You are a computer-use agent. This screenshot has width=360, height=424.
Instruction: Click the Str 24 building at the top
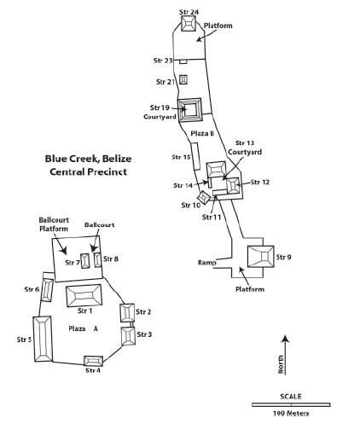tap(189, 23)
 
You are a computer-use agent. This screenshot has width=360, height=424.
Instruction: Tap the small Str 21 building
tap(183, 79)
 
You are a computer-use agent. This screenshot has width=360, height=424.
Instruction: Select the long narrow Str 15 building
tap(195, 156)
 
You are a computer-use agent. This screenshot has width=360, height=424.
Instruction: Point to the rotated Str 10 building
tap(204, 197)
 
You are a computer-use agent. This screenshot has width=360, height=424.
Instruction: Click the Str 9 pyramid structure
tap(261, 256)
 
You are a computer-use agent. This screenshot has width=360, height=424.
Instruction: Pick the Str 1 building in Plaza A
tap(84, 295)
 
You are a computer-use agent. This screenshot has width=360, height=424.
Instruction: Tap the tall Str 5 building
tap(44, 339)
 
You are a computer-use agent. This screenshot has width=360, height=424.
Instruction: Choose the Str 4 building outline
tap(93, 361)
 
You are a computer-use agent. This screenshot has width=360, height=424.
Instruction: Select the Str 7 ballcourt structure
tap(85, 261)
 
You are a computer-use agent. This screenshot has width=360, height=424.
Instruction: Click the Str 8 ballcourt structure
tap(98, 260)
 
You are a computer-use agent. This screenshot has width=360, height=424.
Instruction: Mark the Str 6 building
tap(47, 290)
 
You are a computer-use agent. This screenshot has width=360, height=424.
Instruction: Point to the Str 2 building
tap(127, 313)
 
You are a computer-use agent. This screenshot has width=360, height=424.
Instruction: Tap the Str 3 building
tap(128, 336)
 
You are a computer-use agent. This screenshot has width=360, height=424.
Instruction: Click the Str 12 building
tap(233, 186)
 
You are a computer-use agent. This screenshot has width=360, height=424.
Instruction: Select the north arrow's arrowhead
tap(285, 339)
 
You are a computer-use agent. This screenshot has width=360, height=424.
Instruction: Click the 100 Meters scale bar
tap(291, 404)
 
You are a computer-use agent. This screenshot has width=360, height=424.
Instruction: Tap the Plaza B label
tap(202, 133)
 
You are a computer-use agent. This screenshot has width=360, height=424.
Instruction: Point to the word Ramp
tap(207, 263)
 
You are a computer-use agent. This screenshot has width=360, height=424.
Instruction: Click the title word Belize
tap(117, 159)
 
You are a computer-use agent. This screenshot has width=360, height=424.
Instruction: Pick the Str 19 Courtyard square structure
tap(190, 110)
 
